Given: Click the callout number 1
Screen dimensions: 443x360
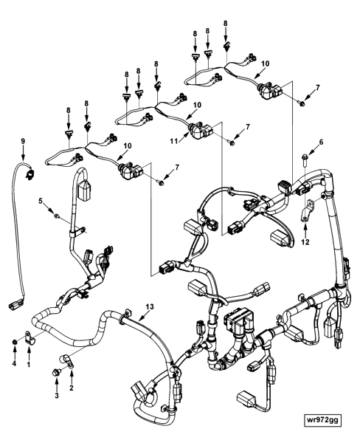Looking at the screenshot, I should pyautogui.click(x=29, y=364).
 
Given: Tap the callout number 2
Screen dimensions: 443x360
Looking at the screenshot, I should pyautogui.click(x=72, y=386).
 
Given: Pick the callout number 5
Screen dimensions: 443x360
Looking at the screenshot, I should pyautogui.click(x=42, y=200).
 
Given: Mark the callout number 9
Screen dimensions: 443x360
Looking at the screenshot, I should pyautogui.click(x=23, y=140).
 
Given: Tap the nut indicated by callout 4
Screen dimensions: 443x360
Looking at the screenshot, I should pyautogui.click(x=14, y=343).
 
